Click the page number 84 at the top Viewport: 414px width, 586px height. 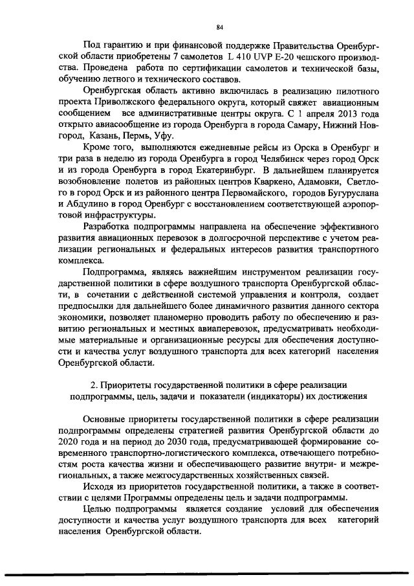pos(219,27)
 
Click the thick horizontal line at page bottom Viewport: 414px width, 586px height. pos(207,571)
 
